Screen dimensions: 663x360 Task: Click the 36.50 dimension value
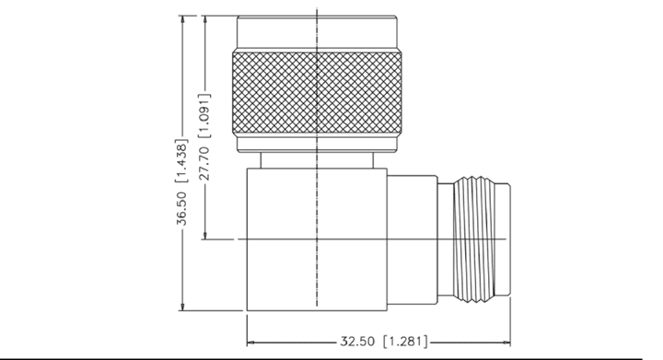click(x=181, y=208)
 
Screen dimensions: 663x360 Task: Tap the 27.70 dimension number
click(x=204, y=164)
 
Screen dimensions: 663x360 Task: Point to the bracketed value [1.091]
click(x=204, y=116)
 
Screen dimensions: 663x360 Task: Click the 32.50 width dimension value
click(x=357, y=342)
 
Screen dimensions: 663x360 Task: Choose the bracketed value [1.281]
click(x=405, y=342)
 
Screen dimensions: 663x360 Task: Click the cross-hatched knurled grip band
click(x=317, y=93)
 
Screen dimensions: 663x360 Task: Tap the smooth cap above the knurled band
click(x=317, y=32)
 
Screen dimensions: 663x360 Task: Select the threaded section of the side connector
click(x=473, y=239)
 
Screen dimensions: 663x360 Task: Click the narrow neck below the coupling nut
click(x=317, y=160)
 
